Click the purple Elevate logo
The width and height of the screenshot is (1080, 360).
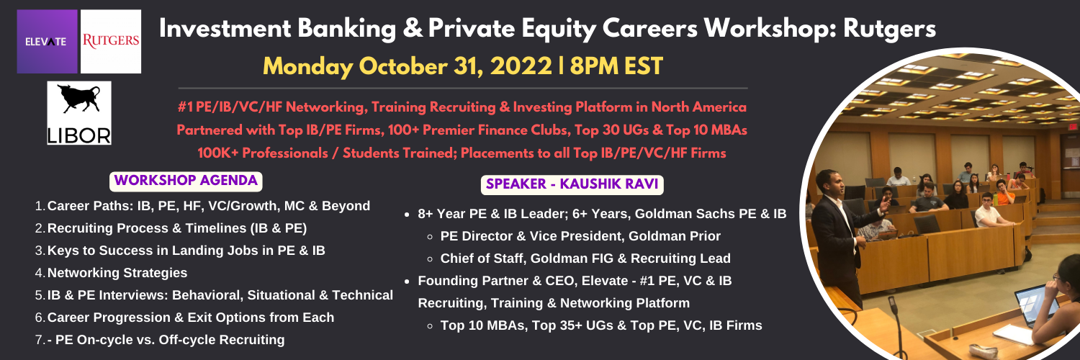click(48, 42)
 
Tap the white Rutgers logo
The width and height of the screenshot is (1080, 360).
click(111, 42)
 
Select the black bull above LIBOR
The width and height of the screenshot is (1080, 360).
click(78, 99)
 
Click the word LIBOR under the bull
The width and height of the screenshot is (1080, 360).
click(79, 136)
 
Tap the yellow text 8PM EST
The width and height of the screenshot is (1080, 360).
click(616, 66)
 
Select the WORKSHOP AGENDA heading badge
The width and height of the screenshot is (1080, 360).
click(186, 181)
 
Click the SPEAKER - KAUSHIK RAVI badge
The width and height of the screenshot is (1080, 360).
click(572, 184)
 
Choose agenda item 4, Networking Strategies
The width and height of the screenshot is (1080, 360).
click(117, 273)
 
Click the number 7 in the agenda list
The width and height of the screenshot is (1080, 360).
click(39, 340)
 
